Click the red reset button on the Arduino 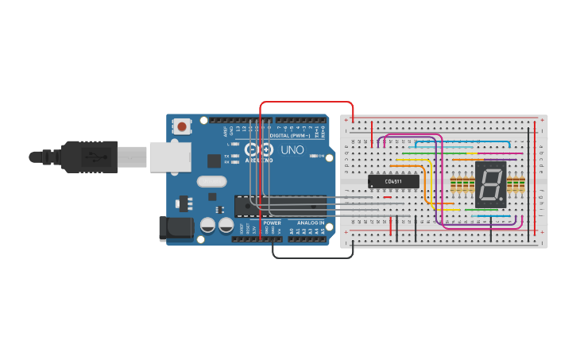coord(182,126)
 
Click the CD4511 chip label coord(393,181)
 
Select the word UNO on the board coord(292,149)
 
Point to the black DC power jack coord(175,228)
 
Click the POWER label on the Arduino coord(272,223)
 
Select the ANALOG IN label coord(311,223)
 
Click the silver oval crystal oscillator coord(212,181)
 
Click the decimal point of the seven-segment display coord(502,198)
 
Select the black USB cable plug coord(87,157)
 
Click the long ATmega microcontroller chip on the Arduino coord(280,205)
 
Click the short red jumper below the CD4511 coord(387,198)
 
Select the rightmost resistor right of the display coord(522,185)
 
